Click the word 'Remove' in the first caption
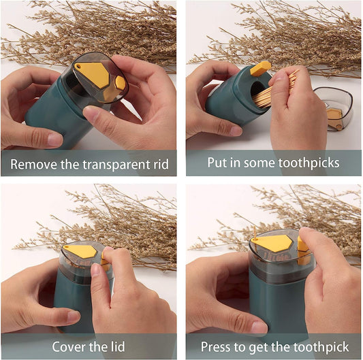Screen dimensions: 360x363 (34, 163)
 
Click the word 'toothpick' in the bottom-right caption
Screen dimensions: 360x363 (321, 346)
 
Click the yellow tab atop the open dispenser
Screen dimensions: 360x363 (260, 68)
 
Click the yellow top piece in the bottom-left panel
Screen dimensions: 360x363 (82, 251)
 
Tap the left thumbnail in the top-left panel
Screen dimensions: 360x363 (54, 140)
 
